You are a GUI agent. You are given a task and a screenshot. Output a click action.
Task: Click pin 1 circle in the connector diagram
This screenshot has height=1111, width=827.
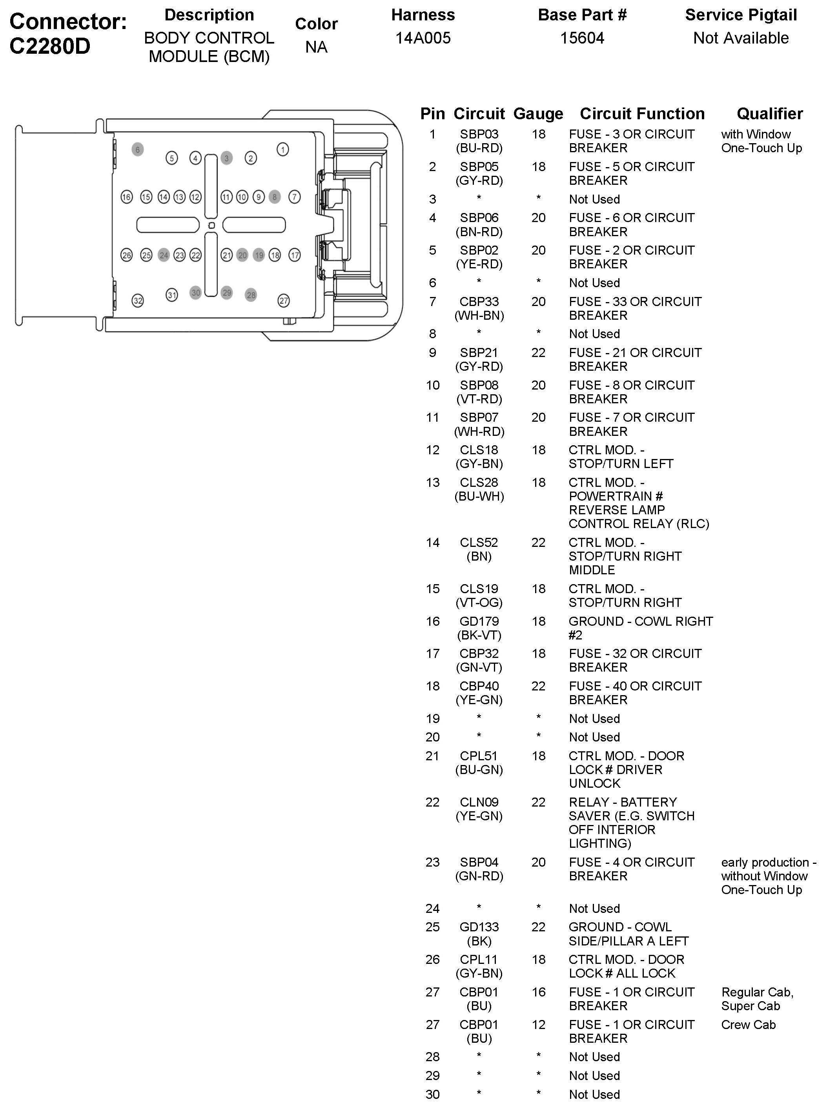point(283,149)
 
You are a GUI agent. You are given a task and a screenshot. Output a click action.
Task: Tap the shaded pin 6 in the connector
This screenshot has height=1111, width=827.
point(138,149)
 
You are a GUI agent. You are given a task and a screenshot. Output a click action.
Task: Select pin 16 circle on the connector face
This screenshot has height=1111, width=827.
point(127,197)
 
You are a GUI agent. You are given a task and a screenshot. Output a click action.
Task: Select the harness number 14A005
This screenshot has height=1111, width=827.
point(423,38)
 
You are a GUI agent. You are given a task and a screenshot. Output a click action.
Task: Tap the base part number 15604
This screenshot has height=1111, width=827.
point(582,38)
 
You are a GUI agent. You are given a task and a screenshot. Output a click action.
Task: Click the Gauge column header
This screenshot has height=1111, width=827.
point(538,114)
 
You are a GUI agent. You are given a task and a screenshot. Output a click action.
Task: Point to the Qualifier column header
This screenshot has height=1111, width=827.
point(769,114)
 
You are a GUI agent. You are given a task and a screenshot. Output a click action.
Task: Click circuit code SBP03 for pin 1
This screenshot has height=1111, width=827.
point(479,135)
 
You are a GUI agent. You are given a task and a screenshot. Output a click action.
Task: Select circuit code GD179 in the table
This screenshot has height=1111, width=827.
point(479,621)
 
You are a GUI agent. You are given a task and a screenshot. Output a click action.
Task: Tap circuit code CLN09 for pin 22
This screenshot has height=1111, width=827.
point(479,802)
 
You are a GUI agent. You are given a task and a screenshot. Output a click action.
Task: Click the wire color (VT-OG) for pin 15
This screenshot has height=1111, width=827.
point(479,603)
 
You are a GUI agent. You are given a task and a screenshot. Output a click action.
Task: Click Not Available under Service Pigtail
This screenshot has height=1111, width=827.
point(741,38)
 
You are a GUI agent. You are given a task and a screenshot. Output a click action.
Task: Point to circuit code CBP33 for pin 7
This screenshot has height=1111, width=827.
point(479,302)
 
